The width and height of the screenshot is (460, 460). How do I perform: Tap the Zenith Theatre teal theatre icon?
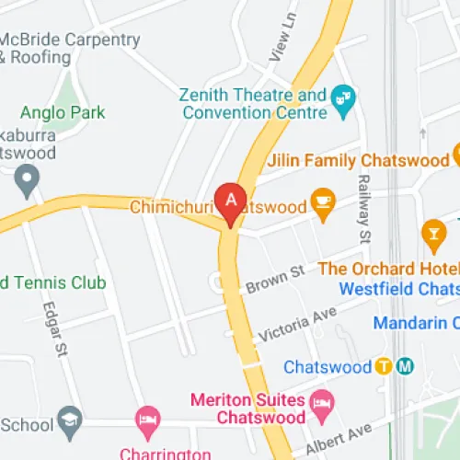coord(344,95)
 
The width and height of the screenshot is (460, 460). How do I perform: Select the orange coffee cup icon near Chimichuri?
coord(322,202)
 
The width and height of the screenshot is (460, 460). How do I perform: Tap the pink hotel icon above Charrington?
coord(147,423)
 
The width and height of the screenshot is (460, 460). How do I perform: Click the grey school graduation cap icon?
coord(70,422)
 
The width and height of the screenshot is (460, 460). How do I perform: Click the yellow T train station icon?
coord(385,366)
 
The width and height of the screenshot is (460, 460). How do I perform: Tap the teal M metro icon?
coord(405,366)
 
